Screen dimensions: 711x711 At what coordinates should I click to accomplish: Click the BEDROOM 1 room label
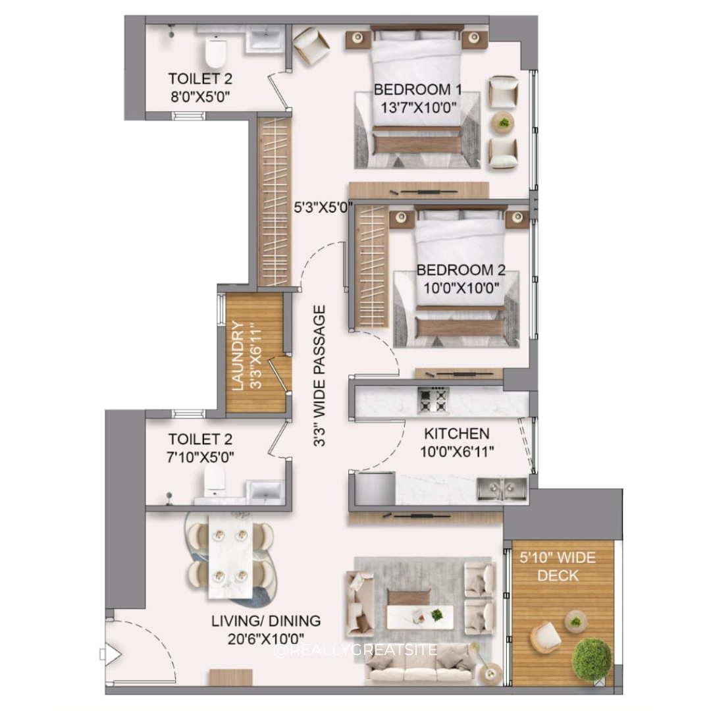(x=417, y=90)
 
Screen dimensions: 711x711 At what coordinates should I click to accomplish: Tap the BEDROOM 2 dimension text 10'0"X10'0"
(x=461, y=288)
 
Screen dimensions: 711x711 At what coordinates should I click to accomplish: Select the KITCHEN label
(x=457, y=433)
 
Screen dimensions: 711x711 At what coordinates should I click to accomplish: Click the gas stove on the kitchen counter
(x=433, y=400)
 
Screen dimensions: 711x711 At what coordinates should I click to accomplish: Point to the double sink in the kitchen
(x=502, y=488)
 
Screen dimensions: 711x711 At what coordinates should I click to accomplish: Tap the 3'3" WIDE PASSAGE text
(x=320, y=375)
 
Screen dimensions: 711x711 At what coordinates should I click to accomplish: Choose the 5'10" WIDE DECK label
(x=558, y=566)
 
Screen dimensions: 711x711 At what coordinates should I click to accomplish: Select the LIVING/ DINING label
(x=266, y=621)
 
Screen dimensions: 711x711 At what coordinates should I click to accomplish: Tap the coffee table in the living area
(x=420, y=617)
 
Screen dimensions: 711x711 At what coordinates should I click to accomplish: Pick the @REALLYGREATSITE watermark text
(x=355, y=650)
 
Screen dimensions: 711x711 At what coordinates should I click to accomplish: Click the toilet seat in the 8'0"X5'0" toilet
(x=215, y=52)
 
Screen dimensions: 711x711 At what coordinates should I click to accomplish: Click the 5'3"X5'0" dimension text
(x=323, y=207)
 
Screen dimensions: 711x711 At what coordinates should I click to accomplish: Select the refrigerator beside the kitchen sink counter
(x=375, y=488)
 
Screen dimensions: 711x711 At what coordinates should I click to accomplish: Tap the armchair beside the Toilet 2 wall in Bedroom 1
(x=311, y=45)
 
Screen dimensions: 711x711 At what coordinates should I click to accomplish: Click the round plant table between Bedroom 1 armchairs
(x=504, y=122)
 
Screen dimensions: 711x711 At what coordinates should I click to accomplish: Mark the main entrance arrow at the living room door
(x=111, y=655)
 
